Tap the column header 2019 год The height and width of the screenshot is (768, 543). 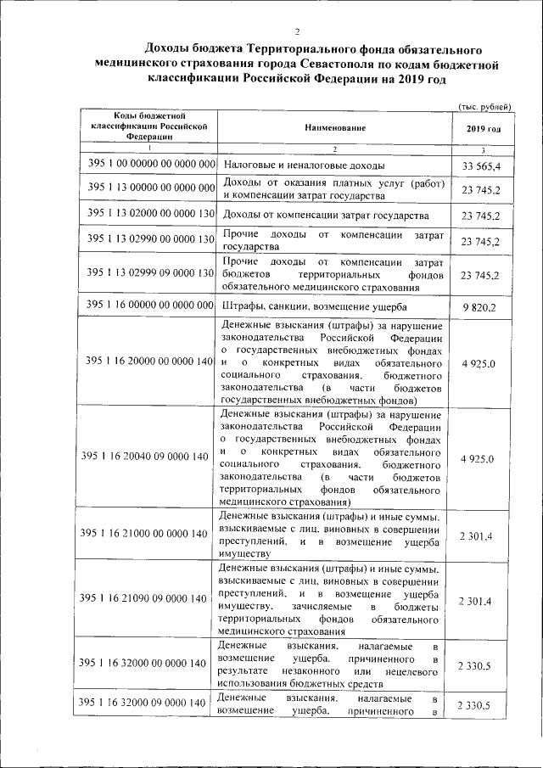tap(484, 128)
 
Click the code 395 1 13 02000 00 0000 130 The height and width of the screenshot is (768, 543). tap(148, 216)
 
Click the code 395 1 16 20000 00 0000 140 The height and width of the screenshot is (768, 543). tap(148, 362)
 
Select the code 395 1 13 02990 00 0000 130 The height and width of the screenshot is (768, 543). tap(148, 240)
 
